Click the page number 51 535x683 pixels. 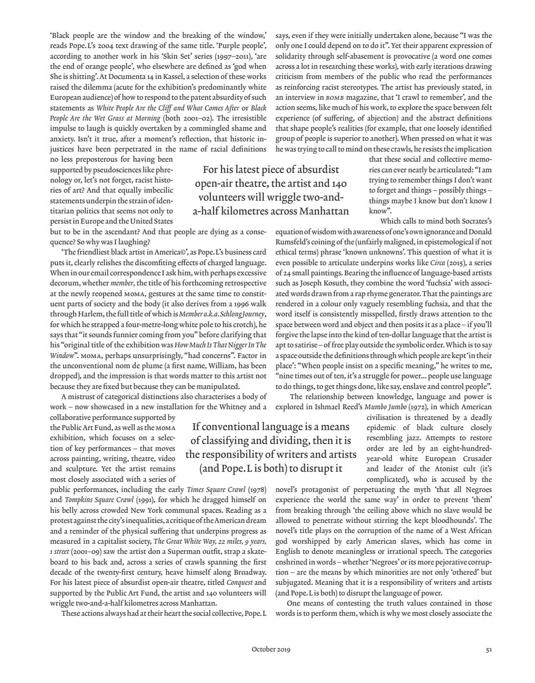[489, 649]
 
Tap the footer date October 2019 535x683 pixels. [271, 649]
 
